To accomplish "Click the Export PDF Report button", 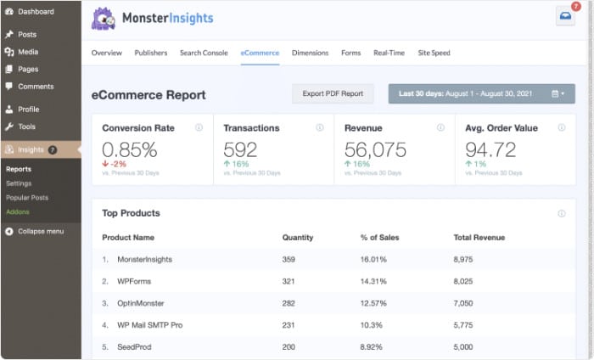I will pyautogui.click(x=333, y=93).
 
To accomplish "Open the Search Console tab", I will pyautogui.click(x=204, y=53).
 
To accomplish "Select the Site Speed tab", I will pyautogui.click(x=434, y=53).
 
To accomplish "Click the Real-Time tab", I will pyautogui.click(x=389, y=53).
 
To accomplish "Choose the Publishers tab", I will pyautogui.click(x=151, y=53).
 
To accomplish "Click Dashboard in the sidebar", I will pyautogui.click(x=35, y=12).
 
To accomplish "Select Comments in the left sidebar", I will pyautogui.click(x=35, y=86).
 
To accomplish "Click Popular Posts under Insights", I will pyautogui.click(x=27, y=197).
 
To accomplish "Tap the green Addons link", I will pyautogui.click(x=18, y=211).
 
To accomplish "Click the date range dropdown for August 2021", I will pyautogui.click(x=481, y=93).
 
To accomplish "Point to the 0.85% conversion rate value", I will pyautogui.click(x=129, y=150).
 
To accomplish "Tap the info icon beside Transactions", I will pyautogui.click(x=320, y=127).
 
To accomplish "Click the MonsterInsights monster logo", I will pyautogui.click(x=104, y=18).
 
